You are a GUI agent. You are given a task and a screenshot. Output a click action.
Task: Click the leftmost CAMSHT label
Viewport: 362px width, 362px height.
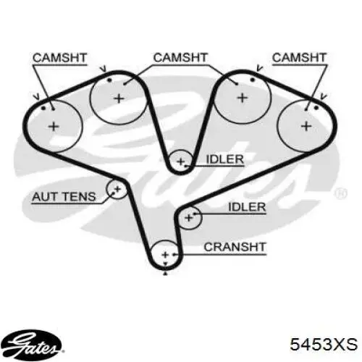coord(59,58)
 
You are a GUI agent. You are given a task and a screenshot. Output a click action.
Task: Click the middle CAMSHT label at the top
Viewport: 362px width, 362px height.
coord(180,58)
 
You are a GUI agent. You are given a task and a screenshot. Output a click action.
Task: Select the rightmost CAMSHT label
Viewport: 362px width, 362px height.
coord(299,58)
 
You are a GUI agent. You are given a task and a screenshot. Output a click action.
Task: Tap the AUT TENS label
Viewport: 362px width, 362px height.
coord(64,197)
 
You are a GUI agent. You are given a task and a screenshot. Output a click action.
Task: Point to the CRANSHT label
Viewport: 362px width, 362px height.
coord(235,247)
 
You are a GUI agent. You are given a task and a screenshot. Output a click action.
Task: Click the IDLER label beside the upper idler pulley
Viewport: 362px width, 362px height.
coord(225,159)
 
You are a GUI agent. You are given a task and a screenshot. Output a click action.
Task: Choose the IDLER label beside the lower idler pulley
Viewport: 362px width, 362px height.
coord(247,207)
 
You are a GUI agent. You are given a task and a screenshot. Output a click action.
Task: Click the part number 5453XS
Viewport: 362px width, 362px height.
coord(324,344)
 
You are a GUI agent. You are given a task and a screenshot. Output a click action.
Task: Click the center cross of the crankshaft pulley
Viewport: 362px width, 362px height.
coord(165,255)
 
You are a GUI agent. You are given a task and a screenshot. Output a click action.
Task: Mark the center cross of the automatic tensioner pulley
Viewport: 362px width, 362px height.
coord(117,189)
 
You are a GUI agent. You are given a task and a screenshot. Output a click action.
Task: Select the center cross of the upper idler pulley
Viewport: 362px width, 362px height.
coord(180,161)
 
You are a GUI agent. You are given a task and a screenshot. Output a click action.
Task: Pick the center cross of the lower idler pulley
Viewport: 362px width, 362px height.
coord(189,218)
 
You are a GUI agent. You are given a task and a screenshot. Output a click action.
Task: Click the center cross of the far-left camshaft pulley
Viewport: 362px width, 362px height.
coord(54,127)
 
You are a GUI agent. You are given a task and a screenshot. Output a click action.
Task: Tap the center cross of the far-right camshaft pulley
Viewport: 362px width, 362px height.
coord(306,126)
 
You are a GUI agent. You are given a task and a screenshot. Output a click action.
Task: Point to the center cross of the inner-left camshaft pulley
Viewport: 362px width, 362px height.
coord(119,98)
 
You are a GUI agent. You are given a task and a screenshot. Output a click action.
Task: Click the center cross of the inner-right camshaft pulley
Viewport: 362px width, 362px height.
coord(243,98)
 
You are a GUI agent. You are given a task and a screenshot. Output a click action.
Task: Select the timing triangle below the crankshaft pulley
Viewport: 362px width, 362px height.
coord(165,274)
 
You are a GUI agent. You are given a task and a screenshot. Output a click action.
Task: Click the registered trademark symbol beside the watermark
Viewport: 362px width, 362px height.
coord(341,193)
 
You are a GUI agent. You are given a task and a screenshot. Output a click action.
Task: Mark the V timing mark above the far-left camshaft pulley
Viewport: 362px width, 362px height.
coord(36,97)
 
